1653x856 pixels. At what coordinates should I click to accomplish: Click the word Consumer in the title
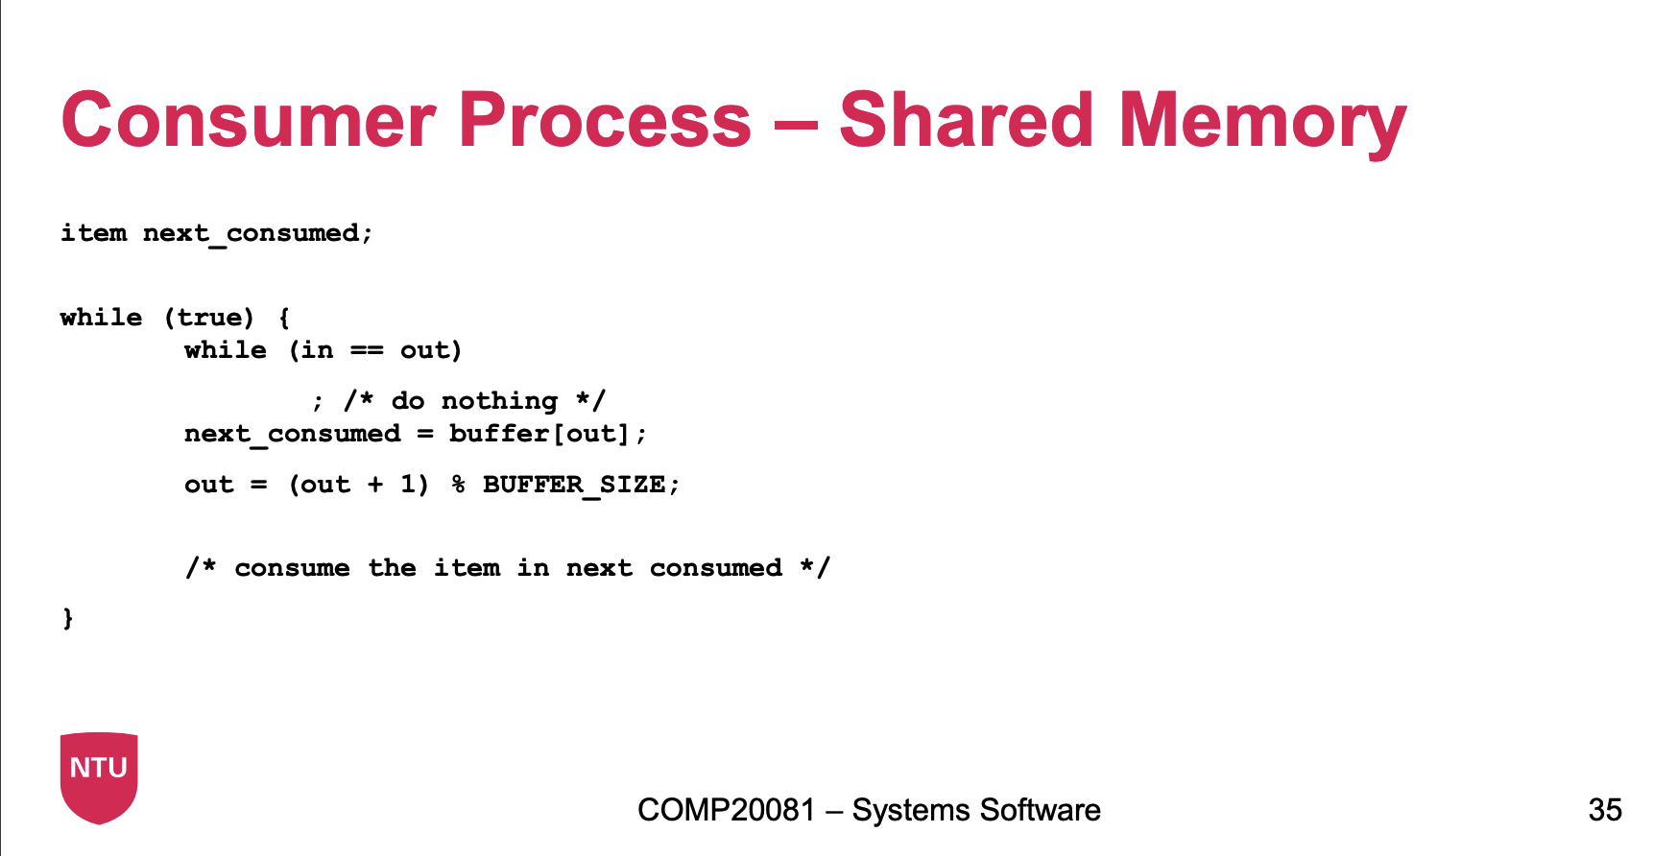pos(249,120)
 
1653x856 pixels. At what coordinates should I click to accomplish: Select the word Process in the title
pos(605,120)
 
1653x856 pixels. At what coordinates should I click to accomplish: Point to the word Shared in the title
pos(966,120)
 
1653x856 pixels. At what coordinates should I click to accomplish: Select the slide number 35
pos(1605,810)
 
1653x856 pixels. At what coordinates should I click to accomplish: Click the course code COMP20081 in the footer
pos(726,810)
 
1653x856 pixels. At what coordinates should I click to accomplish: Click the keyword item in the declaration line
pos(93,233)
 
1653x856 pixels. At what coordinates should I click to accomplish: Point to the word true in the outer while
pos(209,318)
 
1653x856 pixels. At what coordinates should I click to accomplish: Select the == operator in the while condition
pos(367,351)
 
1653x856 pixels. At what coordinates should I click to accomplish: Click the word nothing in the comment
pos(499,401)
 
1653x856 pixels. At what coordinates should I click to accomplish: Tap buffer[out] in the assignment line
pos(539,434)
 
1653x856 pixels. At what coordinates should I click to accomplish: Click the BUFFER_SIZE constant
pos(574,485)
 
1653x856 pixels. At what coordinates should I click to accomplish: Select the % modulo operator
pos(458,485)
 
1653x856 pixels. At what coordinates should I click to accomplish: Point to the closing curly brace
pos(68,618)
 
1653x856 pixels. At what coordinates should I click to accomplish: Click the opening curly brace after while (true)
pos(284,318)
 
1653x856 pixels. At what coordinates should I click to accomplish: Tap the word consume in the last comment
pos(292,568)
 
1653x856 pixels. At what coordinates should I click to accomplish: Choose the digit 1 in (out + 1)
pos(407,485)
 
